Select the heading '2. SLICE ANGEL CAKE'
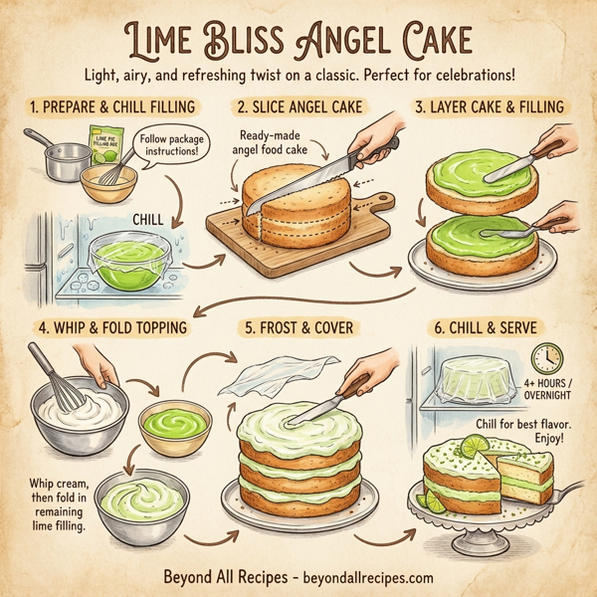(x=299, y=106)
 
